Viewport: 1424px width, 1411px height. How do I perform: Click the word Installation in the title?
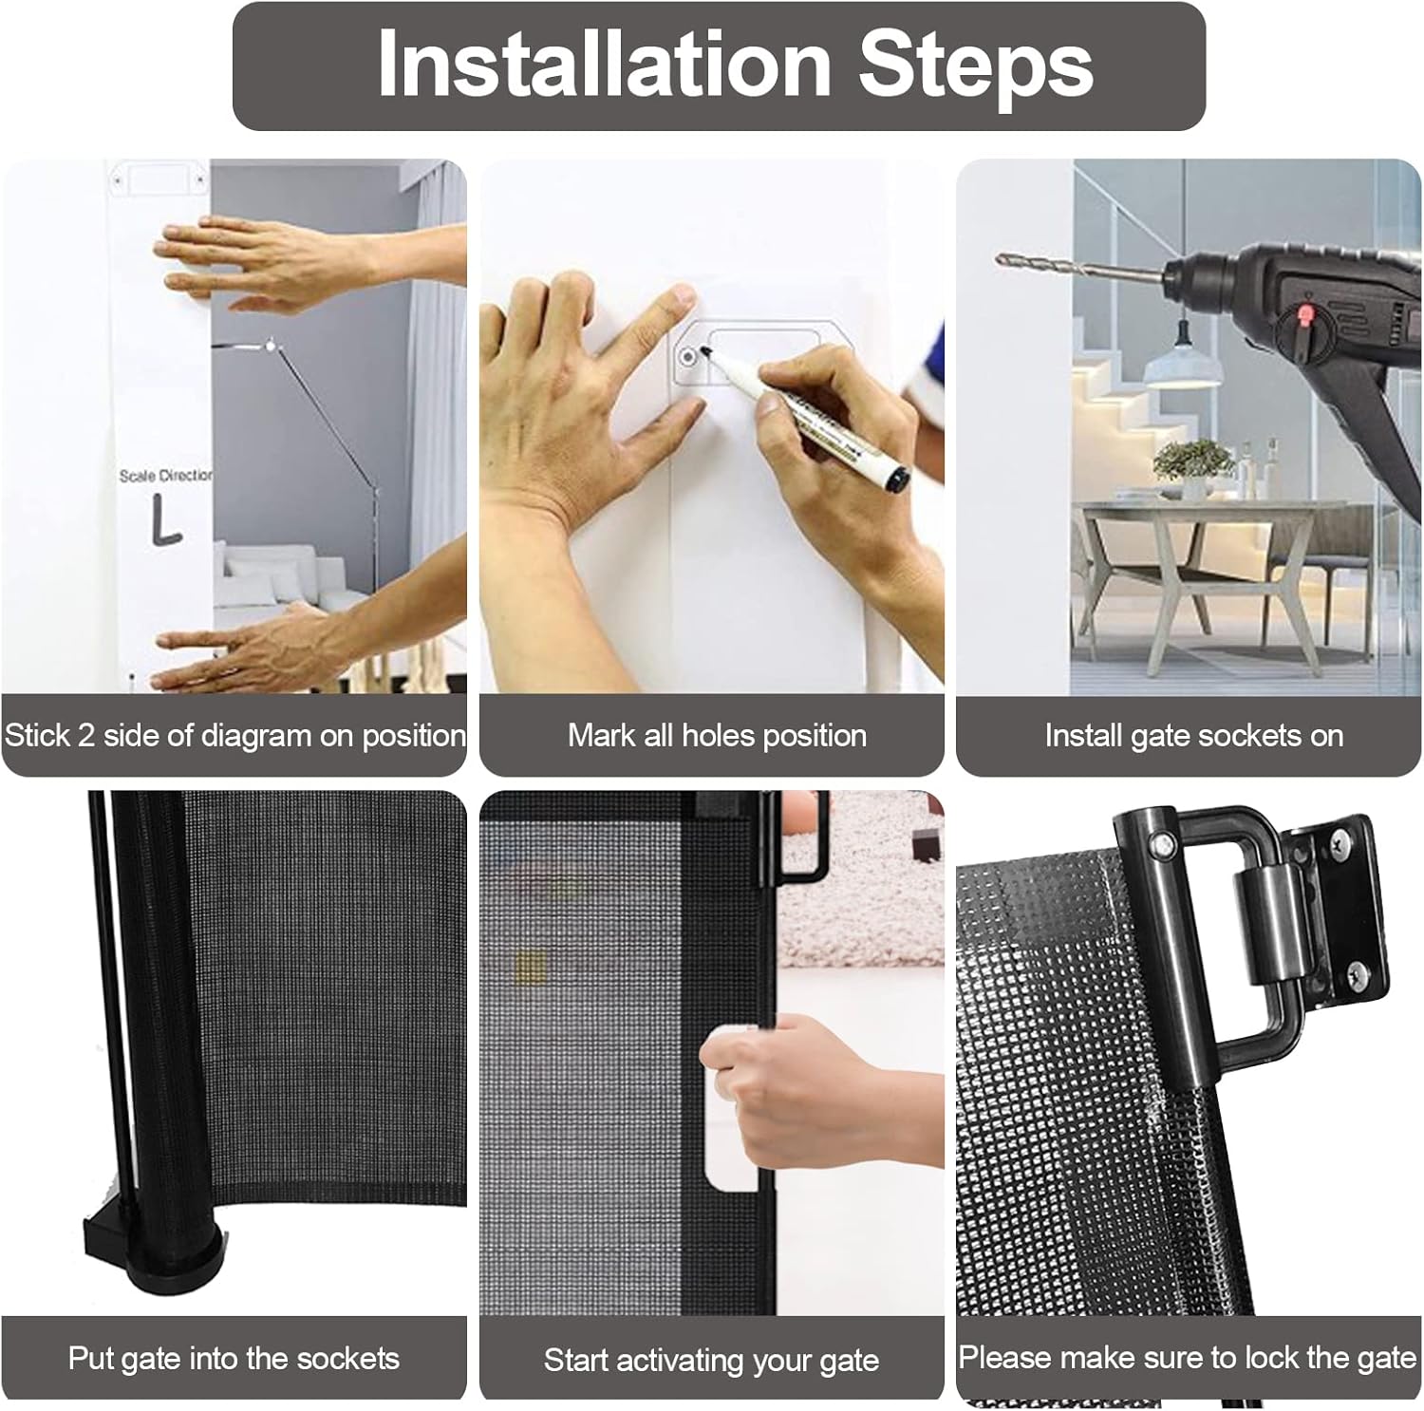605,65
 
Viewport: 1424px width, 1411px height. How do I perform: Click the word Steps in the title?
976,66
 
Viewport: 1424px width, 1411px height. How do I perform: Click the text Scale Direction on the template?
165,475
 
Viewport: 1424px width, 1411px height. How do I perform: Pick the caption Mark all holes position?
717,736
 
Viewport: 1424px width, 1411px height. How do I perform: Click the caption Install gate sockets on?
1193,736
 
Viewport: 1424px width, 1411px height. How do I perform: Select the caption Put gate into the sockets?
234,1359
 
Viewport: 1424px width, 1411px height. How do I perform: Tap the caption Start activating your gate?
711,1361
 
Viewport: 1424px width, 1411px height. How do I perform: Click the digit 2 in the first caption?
86,736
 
